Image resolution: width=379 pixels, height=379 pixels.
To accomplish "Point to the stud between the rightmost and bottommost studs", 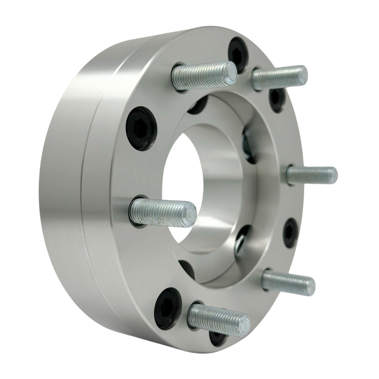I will (289, 280).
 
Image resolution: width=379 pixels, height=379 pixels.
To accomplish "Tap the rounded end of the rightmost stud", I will (333, 174).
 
